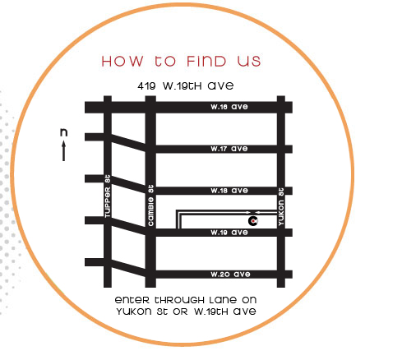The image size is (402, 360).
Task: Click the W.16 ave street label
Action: point(229,107)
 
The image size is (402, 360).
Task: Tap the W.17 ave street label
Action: point(229,149)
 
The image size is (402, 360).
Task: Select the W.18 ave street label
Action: point(229,191)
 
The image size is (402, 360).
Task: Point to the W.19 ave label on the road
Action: point(229,233)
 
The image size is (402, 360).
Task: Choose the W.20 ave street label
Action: point(230,275)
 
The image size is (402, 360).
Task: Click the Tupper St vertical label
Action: point(108,196)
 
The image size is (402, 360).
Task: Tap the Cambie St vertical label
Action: point(150,205)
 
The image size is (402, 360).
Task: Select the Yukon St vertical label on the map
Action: point(281,206)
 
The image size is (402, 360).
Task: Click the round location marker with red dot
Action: point(253,220)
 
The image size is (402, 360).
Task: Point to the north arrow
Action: point(63,150)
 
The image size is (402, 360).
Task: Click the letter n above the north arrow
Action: point(63,132)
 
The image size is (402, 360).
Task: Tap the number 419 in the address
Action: point(146,86)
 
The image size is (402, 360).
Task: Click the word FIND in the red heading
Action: point(206,61)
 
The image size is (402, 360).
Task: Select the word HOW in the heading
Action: point(122,61)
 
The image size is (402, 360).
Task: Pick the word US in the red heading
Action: point(249,61)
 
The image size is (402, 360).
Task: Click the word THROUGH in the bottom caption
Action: point(179,300)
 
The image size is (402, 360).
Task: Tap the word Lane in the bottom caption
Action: point(223,300)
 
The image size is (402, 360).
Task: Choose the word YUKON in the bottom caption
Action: point(134,312)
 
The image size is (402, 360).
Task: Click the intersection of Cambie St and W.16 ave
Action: point(150,107)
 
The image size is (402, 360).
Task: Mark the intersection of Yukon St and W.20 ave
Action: point(281,275)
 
